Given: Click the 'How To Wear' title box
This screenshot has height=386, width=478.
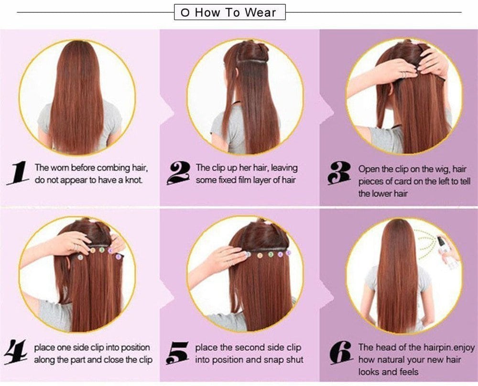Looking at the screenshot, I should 230,12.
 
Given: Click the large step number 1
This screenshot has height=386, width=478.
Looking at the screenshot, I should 18,173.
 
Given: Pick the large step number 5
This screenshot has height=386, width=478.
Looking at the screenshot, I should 177,354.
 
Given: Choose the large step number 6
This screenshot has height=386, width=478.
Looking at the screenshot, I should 340,354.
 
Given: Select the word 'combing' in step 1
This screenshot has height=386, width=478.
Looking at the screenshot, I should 111,168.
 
